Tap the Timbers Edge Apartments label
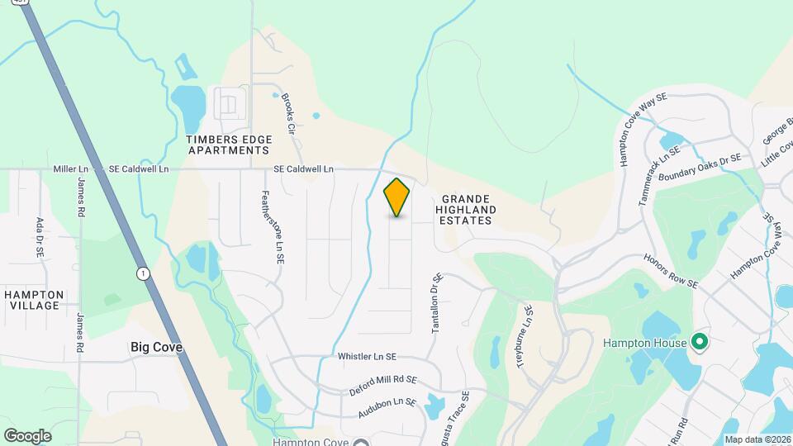coord(229,145)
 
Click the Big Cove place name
coord(156,348)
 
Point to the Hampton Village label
coord(34,300)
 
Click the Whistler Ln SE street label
coord(367,357)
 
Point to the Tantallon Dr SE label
coord(437,304)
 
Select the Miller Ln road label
coord(71,169)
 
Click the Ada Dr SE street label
coord(39,239)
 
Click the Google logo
coord(27,436)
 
